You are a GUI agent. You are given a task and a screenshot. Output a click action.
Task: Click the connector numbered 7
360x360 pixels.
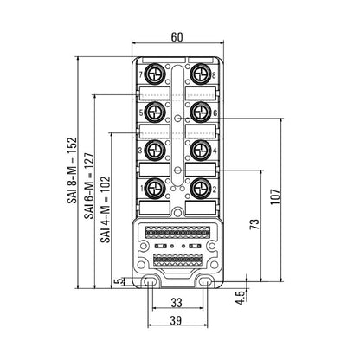tap(155, 73)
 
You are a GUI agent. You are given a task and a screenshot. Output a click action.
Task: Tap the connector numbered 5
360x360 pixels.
tap(155, 111)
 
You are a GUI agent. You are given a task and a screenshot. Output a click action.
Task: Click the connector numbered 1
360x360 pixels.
tap(155, 187)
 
